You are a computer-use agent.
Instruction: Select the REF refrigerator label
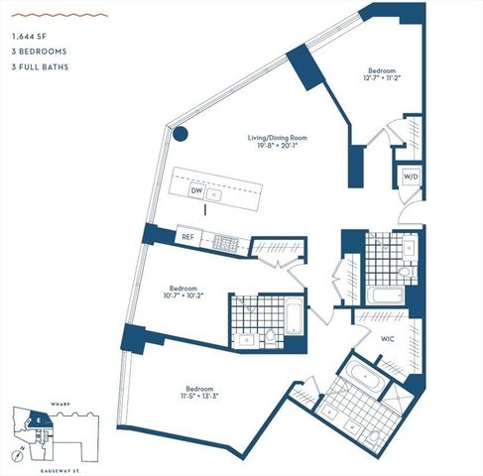pos(187,237)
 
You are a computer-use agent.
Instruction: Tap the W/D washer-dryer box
pos(411,177)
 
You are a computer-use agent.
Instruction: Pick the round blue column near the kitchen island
pos(181,135)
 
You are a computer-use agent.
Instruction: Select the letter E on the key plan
pos(38,418)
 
